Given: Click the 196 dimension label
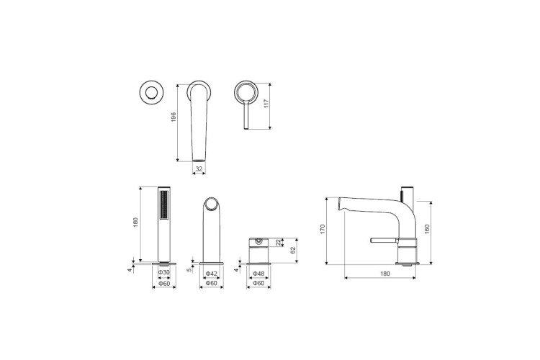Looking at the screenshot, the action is click(x=174, y=117).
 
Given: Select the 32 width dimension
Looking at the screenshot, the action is click(x=199, y=168).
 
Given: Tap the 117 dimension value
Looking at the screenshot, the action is click(x=266, y=104).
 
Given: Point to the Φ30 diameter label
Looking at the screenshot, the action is click(x=164, y=272).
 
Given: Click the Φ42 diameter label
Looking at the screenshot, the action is click(x=212, y=274).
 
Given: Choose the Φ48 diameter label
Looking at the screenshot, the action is click(x=258, y=274).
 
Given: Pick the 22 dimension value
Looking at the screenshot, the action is click(x=278, y=243).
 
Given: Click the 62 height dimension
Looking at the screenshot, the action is click(x=293, y=250).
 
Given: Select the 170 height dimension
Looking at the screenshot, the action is click(x=323, y=229).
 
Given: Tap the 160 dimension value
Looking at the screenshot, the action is click(x=427, y=229).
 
